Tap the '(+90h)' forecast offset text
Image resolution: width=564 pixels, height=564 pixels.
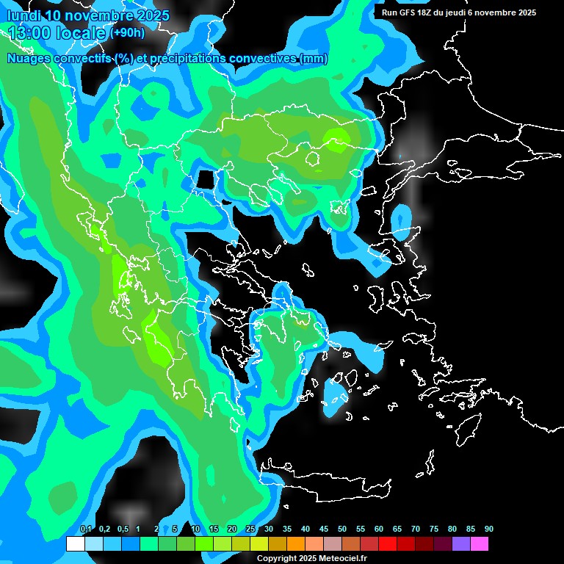click(127, 33)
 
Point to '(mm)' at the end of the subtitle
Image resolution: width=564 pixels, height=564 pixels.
click(314, 59)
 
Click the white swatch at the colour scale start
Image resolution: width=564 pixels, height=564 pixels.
click(75, 544)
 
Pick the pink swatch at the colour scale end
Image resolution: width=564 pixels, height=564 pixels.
click(480, 544)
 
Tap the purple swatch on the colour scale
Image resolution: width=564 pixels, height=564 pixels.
click(461, 544)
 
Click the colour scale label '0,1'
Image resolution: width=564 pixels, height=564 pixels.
click(85, 529)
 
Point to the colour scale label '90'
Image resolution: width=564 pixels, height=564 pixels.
click(488, 529)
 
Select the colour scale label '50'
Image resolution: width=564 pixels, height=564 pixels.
click(342, 529)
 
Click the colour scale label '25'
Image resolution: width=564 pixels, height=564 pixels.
click(250, 529)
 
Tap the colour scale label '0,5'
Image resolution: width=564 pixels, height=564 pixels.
click(122, 529)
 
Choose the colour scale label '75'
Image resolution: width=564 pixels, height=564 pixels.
click(434, 529)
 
